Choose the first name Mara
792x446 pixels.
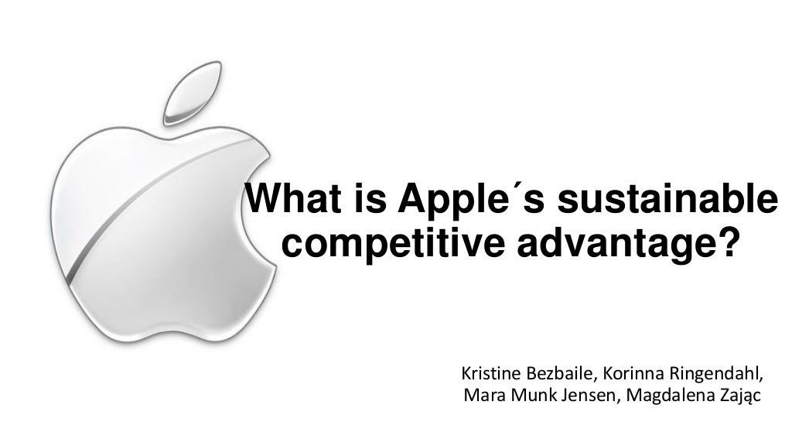pos(480,397)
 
